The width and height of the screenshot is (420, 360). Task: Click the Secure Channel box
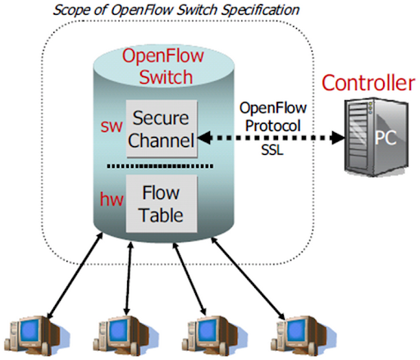point(161,128)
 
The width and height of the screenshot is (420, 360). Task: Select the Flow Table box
point(161,206)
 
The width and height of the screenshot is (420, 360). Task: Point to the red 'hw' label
point(110,198)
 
